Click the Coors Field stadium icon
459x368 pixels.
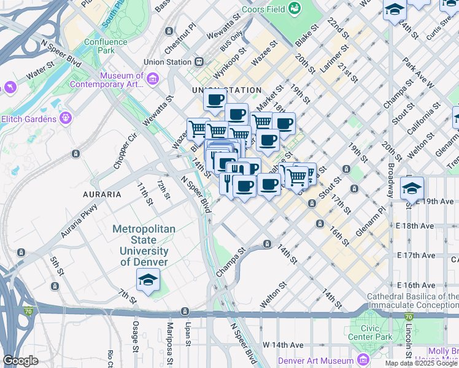click(295, 9)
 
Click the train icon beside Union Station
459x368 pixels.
click(199, 62)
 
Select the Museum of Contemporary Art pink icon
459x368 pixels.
click(153, 78)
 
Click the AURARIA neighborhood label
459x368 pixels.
click(102, 194)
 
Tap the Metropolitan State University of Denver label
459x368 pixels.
click(144, 245)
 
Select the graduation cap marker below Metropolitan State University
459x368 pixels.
click(148, 280)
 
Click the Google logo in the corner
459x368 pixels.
click(21, 361)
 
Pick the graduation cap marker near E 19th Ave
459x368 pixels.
click(412, 188)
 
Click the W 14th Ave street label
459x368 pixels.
click(283, 345)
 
